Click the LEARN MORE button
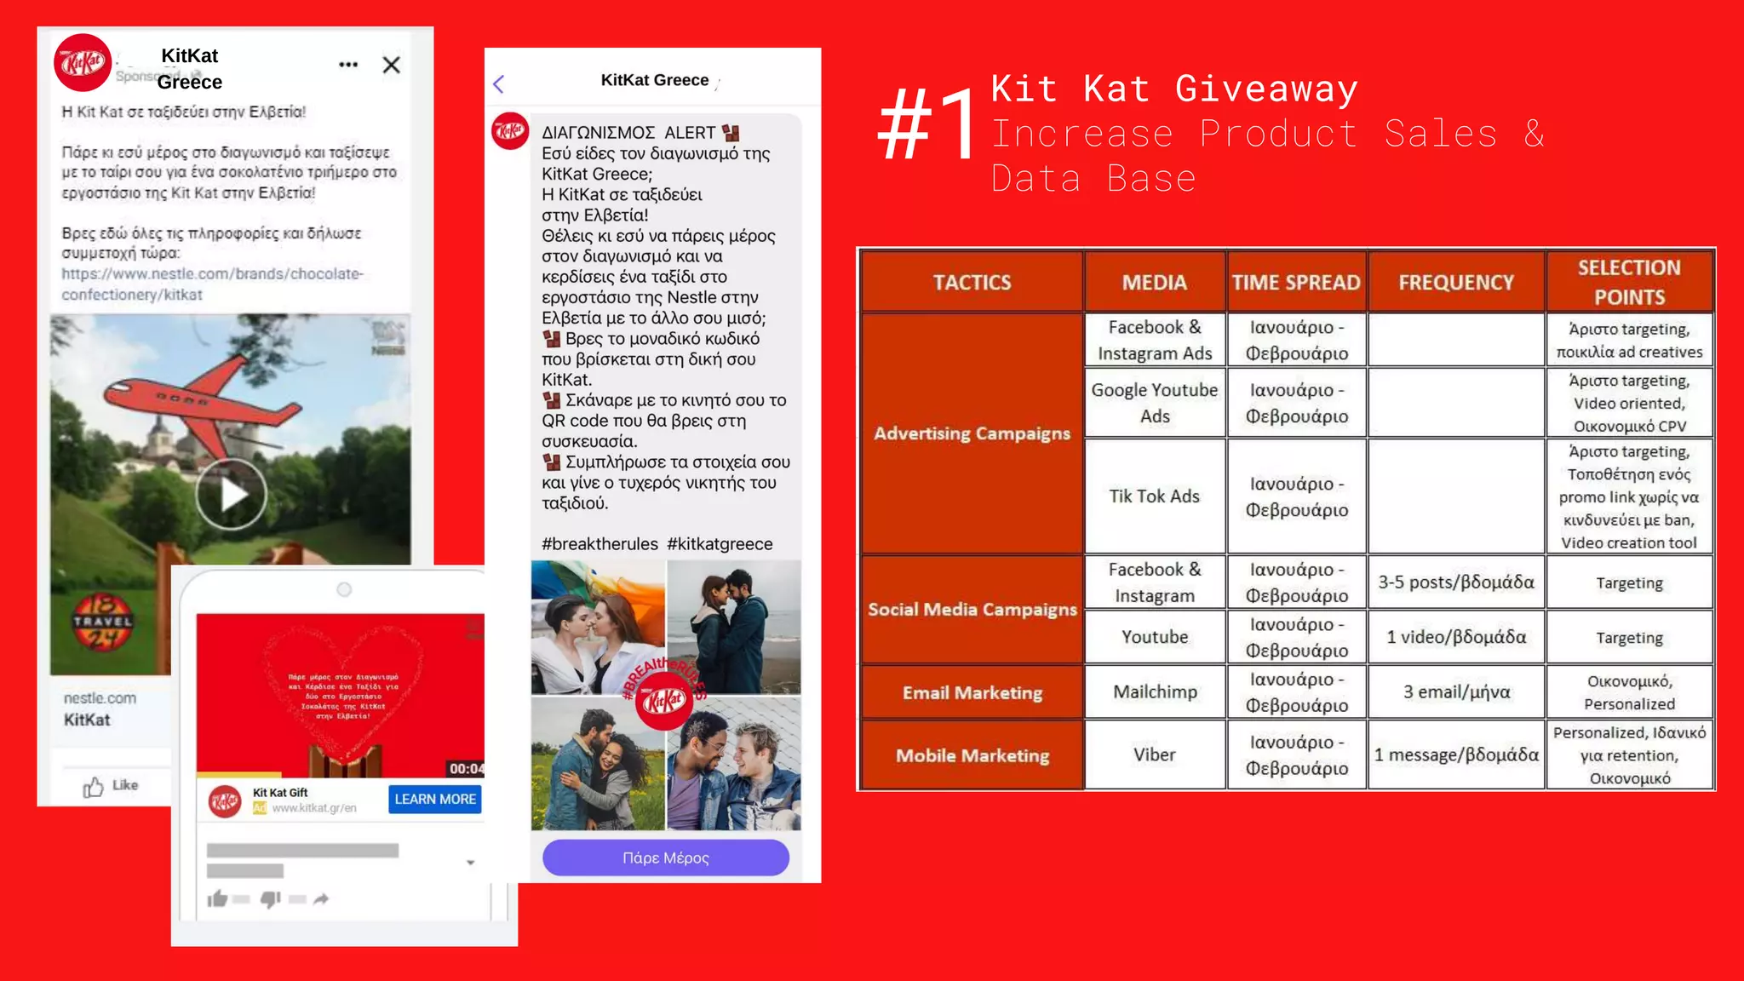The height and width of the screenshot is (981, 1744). point(435,799)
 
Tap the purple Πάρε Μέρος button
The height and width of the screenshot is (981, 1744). point(665,858)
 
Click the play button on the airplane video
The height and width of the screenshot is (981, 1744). point(231,494)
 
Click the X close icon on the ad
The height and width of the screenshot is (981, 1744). point(392,65)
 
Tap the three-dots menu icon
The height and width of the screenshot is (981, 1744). point(348,65)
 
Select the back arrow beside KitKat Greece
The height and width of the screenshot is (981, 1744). point(499,83)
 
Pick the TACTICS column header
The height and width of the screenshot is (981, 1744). point(972,282)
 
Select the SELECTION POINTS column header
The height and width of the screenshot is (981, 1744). point(1629,282)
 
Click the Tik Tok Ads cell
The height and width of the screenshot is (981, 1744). point(1154,496)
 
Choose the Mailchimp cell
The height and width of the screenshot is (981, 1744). point(1155,691)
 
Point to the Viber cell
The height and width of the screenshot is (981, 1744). point(1154,754)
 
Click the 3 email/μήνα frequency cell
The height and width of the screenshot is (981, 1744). point(1456,691)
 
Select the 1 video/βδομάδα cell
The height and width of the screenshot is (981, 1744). point(1456,637)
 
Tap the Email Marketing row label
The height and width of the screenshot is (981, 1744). point(972,692)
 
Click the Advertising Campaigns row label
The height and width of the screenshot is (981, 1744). point(972,433)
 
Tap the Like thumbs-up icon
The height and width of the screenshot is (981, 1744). point(94,787)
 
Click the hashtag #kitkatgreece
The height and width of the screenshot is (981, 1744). point(720,544)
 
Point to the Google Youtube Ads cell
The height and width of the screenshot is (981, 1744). point(1154,403)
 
